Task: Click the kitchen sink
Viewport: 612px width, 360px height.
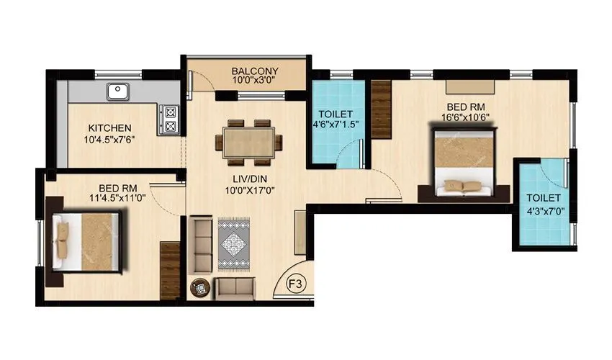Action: tap(118, 91)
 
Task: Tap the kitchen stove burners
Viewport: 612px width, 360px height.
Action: tap(171, 119)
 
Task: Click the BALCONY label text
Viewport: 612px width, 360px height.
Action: tap(255, 71)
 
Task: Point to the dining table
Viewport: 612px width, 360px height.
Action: tap(249, 140)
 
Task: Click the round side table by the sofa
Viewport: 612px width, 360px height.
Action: tap(199, 288)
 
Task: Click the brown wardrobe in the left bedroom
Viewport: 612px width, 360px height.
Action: tap(170, 270)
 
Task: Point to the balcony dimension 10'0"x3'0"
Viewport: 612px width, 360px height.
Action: tap(255, 81)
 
